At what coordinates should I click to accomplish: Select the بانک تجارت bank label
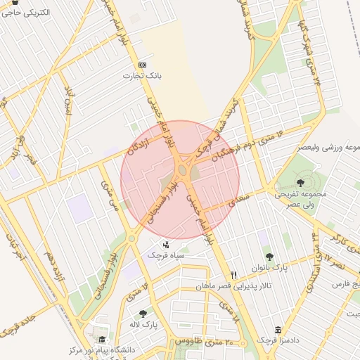139,75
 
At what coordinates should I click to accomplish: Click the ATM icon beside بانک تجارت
144,64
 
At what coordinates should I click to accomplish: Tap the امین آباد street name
68,103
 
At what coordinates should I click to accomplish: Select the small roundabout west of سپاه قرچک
131,238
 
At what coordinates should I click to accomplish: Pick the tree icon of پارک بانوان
268,257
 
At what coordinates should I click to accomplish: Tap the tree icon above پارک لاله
143,314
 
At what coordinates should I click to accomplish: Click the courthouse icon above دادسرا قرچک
278,330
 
